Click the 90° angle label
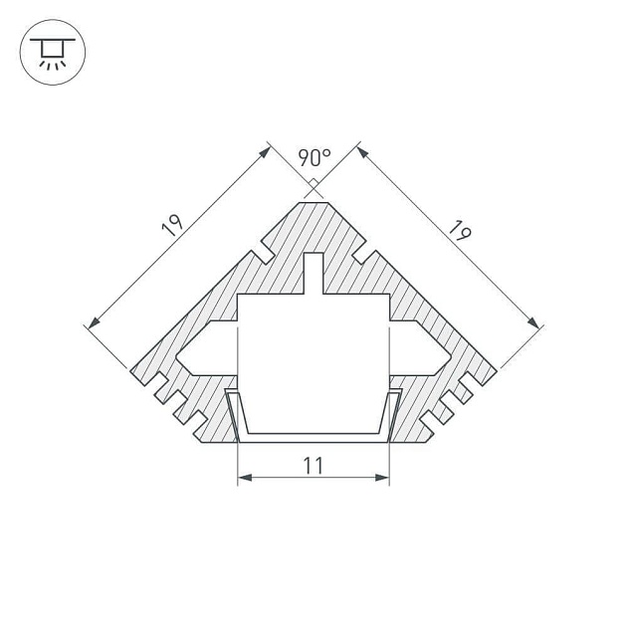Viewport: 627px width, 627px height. click(x=314, y=157)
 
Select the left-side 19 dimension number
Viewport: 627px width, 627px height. click(x=173, y=227)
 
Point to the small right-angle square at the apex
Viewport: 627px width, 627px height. click(x=313, y=184)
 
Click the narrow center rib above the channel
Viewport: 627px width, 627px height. click(x=313, y=274)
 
